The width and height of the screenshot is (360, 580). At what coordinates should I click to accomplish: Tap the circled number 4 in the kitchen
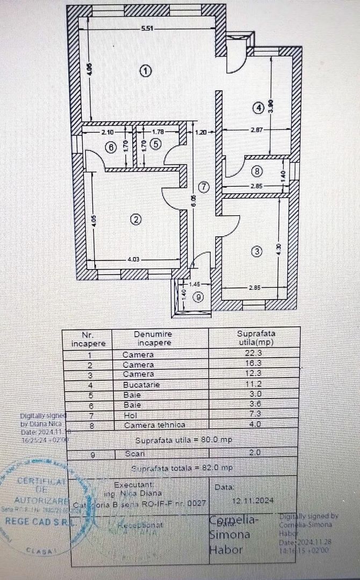[x=260, y=107]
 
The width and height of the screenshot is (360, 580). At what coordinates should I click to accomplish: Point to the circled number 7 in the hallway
[x=202, y=187]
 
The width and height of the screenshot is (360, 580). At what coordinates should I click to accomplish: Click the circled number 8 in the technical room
[x=257, y=172]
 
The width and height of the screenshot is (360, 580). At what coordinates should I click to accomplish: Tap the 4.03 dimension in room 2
[x=133, y=260]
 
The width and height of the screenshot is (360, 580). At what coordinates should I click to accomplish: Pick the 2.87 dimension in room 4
[x=256, y=131]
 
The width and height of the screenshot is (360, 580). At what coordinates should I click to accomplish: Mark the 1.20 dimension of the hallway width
[x=201, y=131]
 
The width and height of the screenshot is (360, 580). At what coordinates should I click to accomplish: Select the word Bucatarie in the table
[x=141, y=385]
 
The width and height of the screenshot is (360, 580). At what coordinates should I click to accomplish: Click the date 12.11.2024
[x=253, y=500]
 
